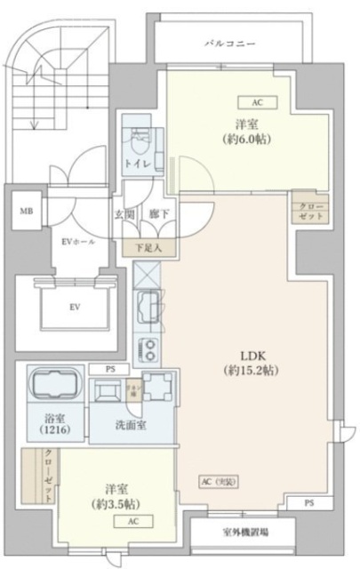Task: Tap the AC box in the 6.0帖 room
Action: coord(257,102)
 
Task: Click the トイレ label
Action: coord(136,164)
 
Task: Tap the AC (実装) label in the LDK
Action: coord(219,481)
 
